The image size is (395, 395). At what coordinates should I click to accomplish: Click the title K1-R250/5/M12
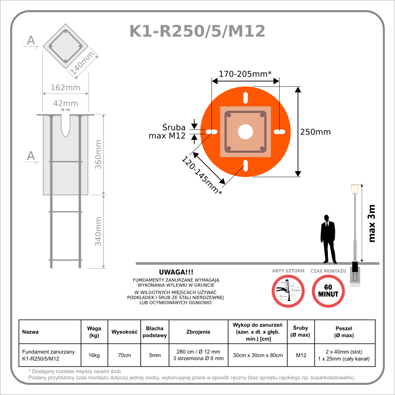point(197,31)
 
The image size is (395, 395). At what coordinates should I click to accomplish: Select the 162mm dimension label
point(65,88)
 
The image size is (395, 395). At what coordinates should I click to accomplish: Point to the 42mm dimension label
point(65,103)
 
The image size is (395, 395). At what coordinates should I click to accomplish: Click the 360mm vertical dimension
point(99,154)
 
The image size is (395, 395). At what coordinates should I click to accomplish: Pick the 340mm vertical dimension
point(99,231)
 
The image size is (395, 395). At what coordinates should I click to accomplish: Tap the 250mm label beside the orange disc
point(315,132)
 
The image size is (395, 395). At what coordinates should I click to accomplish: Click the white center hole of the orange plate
point(245,132)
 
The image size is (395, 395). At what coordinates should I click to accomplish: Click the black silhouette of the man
point(327,239)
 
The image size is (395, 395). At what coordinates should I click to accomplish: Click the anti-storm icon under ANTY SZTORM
point(288,291)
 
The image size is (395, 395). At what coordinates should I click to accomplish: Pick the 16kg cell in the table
point(94,355)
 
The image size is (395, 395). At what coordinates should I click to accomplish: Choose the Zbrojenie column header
point(198,331)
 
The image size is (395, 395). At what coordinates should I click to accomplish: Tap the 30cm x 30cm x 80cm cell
point(257,355)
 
